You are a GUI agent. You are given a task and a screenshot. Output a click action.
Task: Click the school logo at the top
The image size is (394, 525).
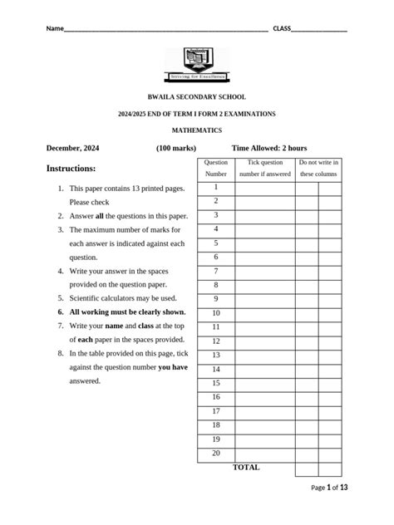click(x=196, y=64)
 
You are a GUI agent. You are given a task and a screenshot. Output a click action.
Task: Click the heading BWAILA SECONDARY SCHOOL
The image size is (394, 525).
click(x=196, y=97)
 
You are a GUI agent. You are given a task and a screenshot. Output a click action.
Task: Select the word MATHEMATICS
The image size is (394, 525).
click(x=197, y=130)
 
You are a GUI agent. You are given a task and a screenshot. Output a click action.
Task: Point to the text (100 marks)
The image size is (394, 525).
click(x=176, y=148)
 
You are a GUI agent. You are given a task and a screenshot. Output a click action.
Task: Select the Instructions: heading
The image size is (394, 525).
click(x=72, y=169)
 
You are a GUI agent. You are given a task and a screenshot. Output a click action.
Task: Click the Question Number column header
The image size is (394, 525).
click(x=216, y=169)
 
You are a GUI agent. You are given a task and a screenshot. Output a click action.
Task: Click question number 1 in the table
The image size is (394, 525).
click(x=216, y=188)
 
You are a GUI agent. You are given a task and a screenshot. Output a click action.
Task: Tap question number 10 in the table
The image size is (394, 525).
click(x=216, y=313)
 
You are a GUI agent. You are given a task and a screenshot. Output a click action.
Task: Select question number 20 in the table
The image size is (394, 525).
click(x=216, y=453)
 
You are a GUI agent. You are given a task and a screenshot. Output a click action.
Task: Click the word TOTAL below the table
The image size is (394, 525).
click(x=246, y=468)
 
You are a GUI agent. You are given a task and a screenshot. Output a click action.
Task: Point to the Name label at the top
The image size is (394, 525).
click(x=56, y=29)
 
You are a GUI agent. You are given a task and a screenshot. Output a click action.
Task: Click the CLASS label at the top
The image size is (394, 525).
click(x=283, y=29)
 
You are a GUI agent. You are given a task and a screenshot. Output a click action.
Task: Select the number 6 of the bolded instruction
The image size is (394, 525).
click(x=61, y=312)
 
